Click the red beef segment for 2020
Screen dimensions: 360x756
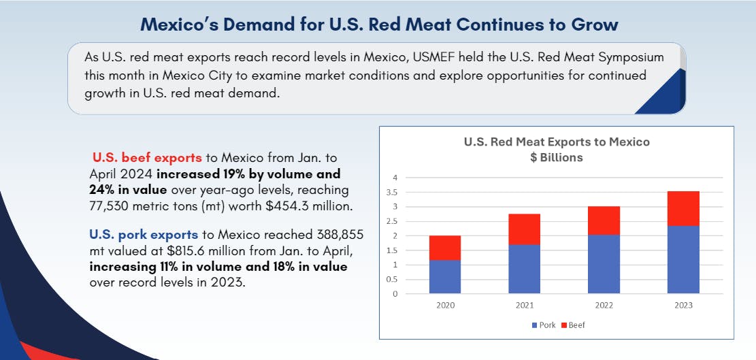[x=445, y=248]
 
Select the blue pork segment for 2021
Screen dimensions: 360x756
[x=524, y=269]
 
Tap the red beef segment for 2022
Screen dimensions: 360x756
[x=604, y=220]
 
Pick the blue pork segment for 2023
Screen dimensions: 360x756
[x=683, y=260]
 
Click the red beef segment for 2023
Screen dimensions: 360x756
[x=683, y=208]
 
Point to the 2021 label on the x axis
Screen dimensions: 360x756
[x=524, y=306]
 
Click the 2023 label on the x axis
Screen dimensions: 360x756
[x=683, y=306]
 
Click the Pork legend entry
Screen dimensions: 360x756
[x=544, y=325]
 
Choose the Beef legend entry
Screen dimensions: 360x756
[x=573, y=325]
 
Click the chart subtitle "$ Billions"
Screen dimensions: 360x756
[x=557, y=157]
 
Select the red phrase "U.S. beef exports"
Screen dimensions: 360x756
[x=147, y=157]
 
